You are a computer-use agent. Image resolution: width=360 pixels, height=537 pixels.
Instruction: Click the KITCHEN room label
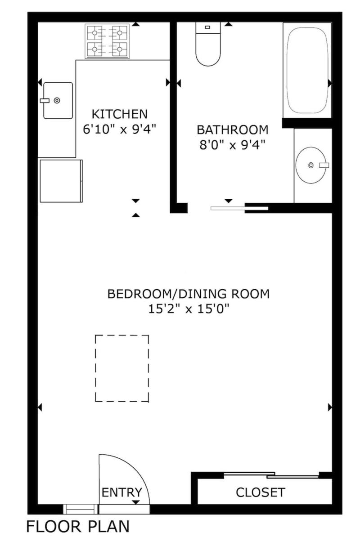click(120, 114)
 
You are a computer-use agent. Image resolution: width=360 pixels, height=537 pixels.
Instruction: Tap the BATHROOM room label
click(233, 130)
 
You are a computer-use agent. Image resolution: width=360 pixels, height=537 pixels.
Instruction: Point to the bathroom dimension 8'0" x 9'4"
click(233, 145)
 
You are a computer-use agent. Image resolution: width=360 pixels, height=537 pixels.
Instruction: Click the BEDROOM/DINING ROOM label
click(189, 294)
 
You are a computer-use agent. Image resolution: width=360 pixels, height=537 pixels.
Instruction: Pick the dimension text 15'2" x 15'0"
click(189, 309)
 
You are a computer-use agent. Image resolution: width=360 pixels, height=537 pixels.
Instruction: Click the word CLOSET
click(260, 492)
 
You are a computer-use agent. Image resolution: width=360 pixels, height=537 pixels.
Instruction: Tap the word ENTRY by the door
click(121, 492)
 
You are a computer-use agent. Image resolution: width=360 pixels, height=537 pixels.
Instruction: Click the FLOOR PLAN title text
click(78, 526)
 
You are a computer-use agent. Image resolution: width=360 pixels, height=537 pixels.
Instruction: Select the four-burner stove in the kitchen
click(107, 41)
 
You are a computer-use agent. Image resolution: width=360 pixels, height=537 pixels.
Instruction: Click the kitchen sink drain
click(57, 100)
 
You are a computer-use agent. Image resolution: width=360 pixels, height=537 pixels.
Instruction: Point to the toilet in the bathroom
click(208, 44)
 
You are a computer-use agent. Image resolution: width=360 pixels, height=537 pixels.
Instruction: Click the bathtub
click(307, 70)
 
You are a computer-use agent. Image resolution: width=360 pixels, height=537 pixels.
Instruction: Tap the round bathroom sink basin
click(311, 166)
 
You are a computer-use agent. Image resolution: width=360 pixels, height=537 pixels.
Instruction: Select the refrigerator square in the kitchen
click(61, 181)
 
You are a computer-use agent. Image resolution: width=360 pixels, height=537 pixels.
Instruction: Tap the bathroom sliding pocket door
click(239, 208)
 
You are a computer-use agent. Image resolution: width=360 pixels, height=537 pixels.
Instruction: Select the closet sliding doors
click(271, 475)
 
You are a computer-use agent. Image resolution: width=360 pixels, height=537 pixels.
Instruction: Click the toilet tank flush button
click(207, 27)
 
